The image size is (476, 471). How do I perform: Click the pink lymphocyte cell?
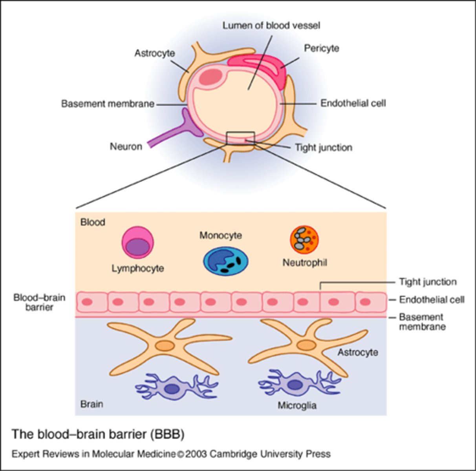(x=137, y=243)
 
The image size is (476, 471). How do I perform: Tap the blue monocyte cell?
(x=226, y=261)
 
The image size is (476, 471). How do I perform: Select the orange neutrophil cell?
(x=304, y=240)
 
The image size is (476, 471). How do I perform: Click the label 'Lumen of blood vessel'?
(x=271, y=26)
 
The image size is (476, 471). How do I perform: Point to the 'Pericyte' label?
(x=321, y=48)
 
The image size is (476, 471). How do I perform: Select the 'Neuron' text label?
(x=126, y=147)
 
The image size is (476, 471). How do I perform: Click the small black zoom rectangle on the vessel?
(x=240, y=138)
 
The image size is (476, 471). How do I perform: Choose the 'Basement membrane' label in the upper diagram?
(x=108, y=104)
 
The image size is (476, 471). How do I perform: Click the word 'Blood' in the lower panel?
(x=93, y=222)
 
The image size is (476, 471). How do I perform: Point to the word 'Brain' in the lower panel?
(x=92, y=404)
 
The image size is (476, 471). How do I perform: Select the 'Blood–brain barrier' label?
(x=39, y=302)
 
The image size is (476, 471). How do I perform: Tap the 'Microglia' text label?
(x=297, y=405)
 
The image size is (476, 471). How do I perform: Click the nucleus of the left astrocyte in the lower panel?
(x=165, y=346)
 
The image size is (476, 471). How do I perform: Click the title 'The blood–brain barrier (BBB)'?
(x=98, y=434)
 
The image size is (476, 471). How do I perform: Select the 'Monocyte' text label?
(x=220, y=235)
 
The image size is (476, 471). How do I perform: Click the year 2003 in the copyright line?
(x=196, y=454)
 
